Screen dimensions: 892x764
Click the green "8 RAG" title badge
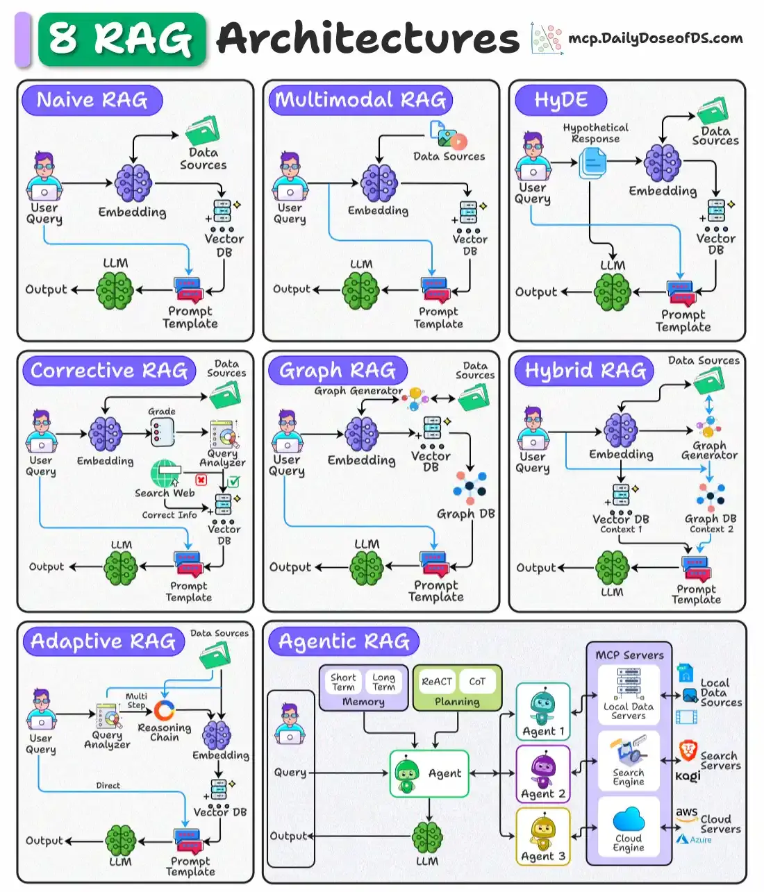pos(122,39)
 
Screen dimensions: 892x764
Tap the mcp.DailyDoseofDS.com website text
pos(655,38)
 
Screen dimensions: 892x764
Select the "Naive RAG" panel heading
pos(92,101)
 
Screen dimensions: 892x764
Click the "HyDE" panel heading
pos(560,101)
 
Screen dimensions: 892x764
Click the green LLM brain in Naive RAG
pos(115,290)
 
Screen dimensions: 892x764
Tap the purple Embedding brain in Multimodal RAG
pos(379,184)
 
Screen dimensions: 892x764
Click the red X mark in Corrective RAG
pos(201,480)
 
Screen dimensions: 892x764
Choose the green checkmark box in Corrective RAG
pos(234,480)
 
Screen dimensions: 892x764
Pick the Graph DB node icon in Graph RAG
pos(470,487)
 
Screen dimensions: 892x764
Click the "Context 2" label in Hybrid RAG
pos(711,530)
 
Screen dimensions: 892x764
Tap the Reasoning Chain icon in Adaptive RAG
pos(165,710)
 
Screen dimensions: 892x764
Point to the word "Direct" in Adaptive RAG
pos(108,786)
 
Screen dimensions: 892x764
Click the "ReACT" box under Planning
pos(437,682)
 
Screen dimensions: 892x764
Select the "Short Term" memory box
pos(343,682)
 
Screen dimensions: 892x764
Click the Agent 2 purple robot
pos(542,768)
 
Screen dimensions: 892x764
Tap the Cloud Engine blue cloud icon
pos(629,819)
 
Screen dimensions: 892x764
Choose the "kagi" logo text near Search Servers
pos(688,776)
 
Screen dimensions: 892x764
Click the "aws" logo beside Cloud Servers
pos(686,812)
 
